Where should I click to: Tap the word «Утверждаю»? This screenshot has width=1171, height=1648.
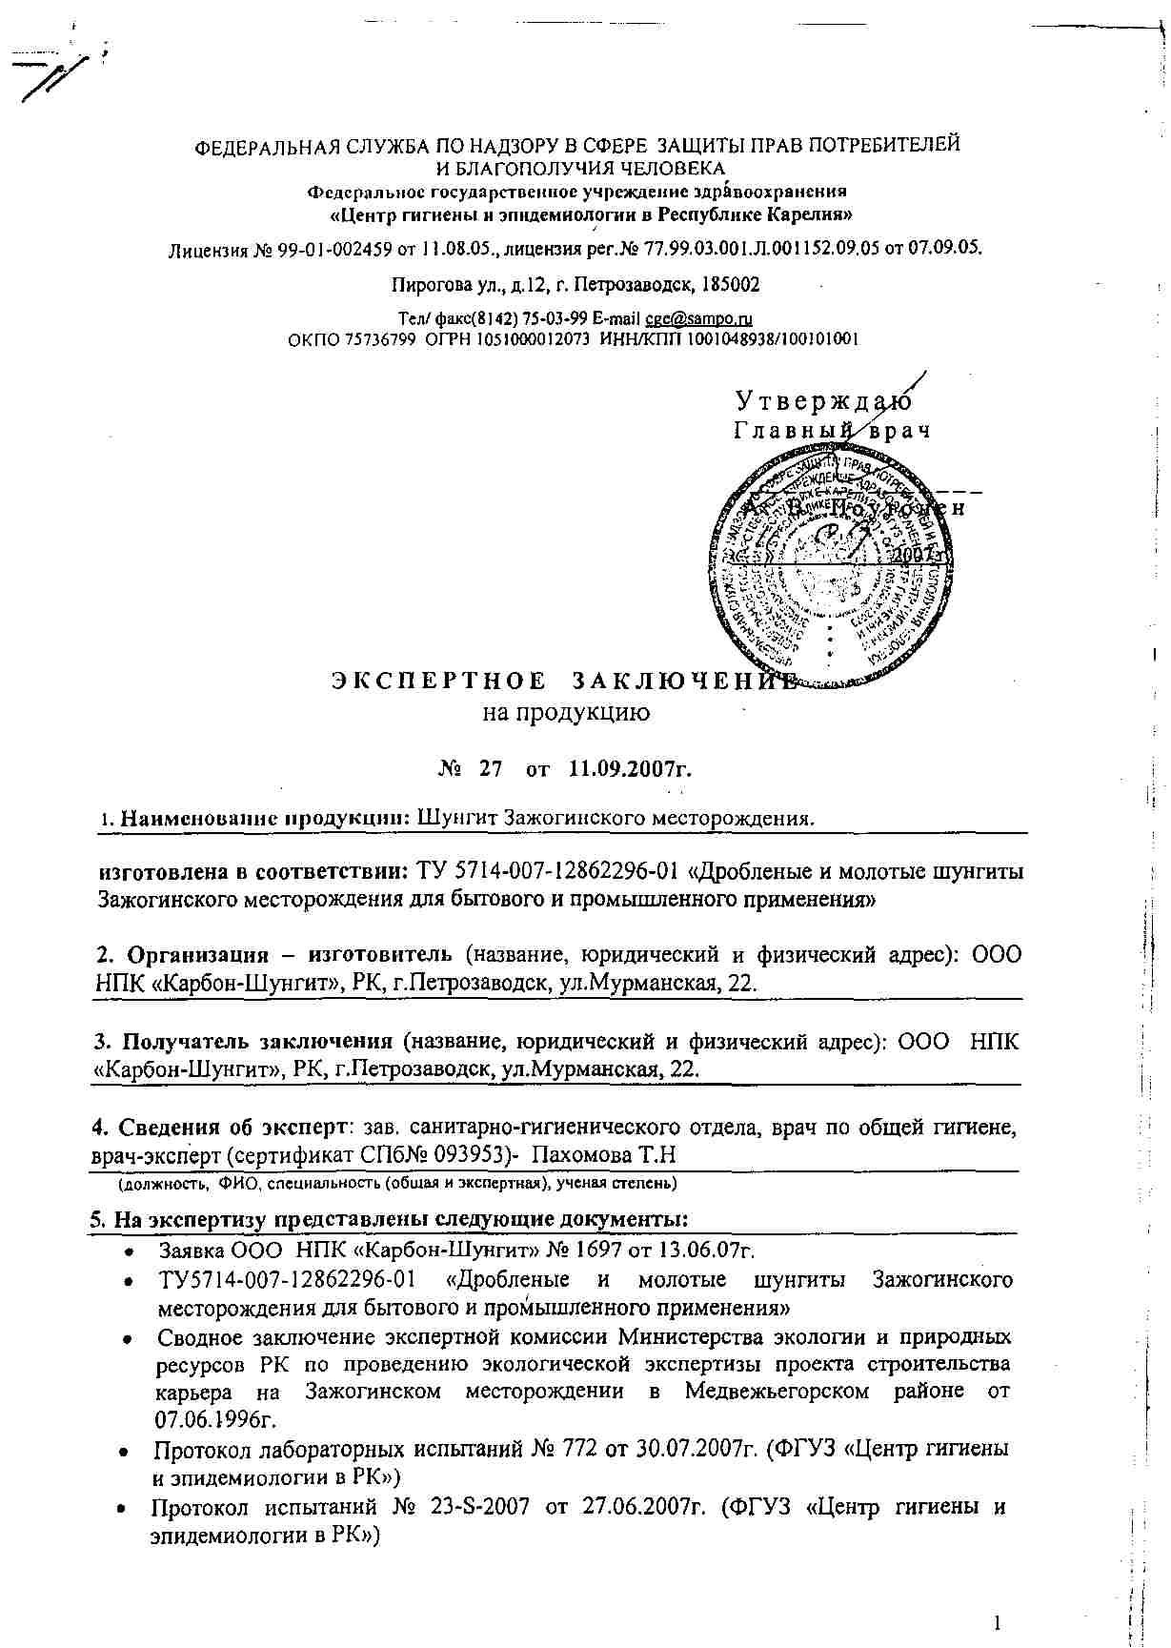[824, 401]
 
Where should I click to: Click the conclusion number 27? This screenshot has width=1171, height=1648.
[490, 768]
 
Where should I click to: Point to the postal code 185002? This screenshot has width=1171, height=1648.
[730, 284]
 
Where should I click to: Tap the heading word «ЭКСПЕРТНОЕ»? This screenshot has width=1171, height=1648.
[439, 681]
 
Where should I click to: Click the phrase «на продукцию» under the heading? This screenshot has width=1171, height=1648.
[566, 711]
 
